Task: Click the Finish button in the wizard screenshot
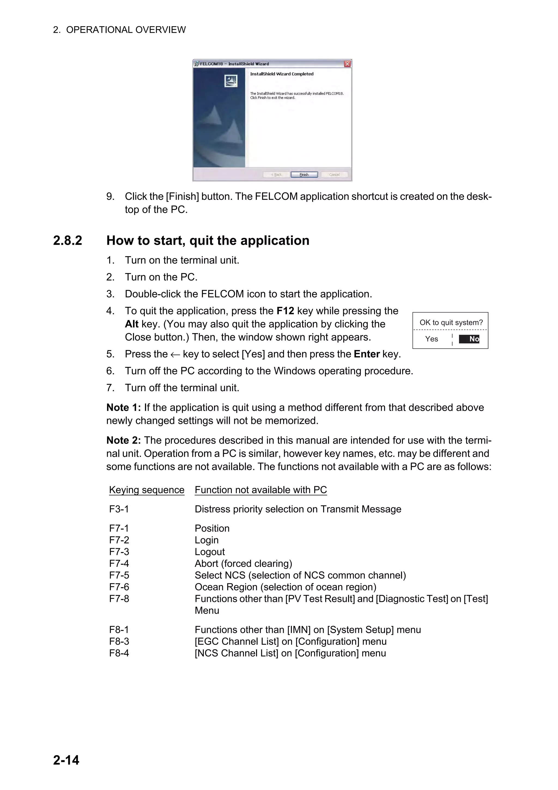pyautogui.click(x=304, y=174)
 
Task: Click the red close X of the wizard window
pyautogui.click(x=347, y=64)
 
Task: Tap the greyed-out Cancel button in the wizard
pyautogui.click(x=334, y=174)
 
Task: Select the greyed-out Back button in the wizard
pyautogui.click(x=276, y=174)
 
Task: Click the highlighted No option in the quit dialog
pyautogui.click(x=469, y=339)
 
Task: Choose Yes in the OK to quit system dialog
pyautogui.click(x=432, y=339)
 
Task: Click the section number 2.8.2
pyautogui.click(x=68, y=240)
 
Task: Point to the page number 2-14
pyautogui.click(x=66, y=760)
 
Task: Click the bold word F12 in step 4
pyautogui.click(x=285, y=311)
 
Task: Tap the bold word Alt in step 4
pyautogui.click(x=132, y=324)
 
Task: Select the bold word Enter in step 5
pyautogui.click(x=366, y=354)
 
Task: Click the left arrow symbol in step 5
pyautogui.click(x=175, y=354)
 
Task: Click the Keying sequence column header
pyautogui.click(x=147, y=490)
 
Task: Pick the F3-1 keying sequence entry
pyautogui.click(x=119, y=509)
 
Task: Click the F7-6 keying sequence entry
pyautogui.click(x=119, y=587)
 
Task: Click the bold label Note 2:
pyautogui.click(x=123, y=440)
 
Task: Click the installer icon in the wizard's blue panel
pyautogui.click(x=231, y=81)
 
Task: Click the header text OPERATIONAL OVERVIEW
pyautogui.click(x=126, y=30)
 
